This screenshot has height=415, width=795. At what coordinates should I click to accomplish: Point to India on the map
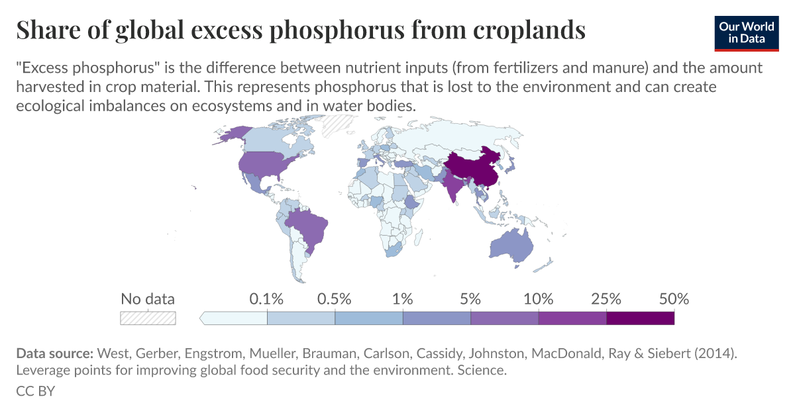454,188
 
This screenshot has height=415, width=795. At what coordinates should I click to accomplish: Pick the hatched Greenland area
339,124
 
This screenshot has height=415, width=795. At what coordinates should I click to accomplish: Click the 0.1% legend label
266,299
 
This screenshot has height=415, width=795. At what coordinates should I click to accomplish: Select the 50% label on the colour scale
674,299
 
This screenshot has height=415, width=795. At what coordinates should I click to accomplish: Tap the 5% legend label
470,299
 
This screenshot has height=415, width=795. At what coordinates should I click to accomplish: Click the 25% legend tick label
606,299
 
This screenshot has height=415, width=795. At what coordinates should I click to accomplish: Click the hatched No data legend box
148,318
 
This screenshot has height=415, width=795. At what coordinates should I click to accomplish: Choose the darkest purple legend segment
640,318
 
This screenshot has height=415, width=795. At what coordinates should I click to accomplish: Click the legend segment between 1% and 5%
437,318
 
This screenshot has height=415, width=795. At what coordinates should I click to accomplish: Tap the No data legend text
148,299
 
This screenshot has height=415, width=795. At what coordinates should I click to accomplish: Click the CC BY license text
35,391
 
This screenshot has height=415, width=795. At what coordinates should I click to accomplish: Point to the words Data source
55,353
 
